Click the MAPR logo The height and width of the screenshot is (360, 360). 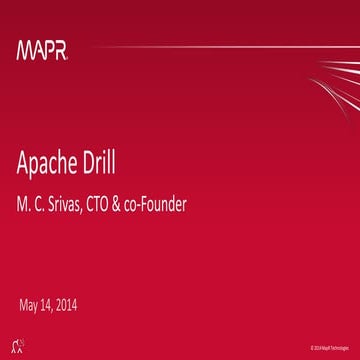tap(41, 49)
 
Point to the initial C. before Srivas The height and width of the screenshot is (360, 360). tap(44, 205)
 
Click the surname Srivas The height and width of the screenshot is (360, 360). tap(79, 205)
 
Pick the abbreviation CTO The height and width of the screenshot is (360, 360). tap(123, 205)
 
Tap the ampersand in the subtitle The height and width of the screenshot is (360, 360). tap(148, 205)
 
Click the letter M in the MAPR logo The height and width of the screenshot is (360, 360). tap(24, 49)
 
